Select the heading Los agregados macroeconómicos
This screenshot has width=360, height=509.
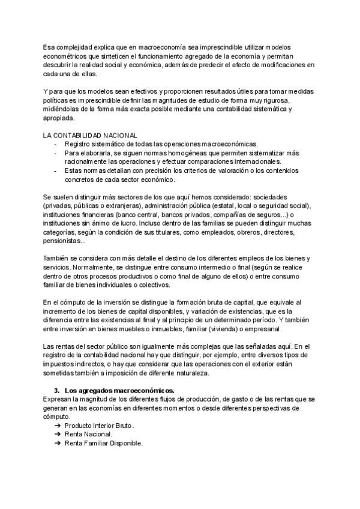pos(119,391)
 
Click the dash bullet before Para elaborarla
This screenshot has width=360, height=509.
pos(56,153)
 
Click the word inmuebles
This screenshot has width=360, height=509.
pos(182,330)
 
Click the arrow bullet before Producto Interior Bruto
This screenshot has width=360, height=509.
pos(57,426)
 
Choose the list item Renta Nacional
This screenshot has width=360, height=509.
pos(88,434)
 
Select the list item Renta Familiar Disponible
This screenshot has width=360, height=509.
pos(103,443)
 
